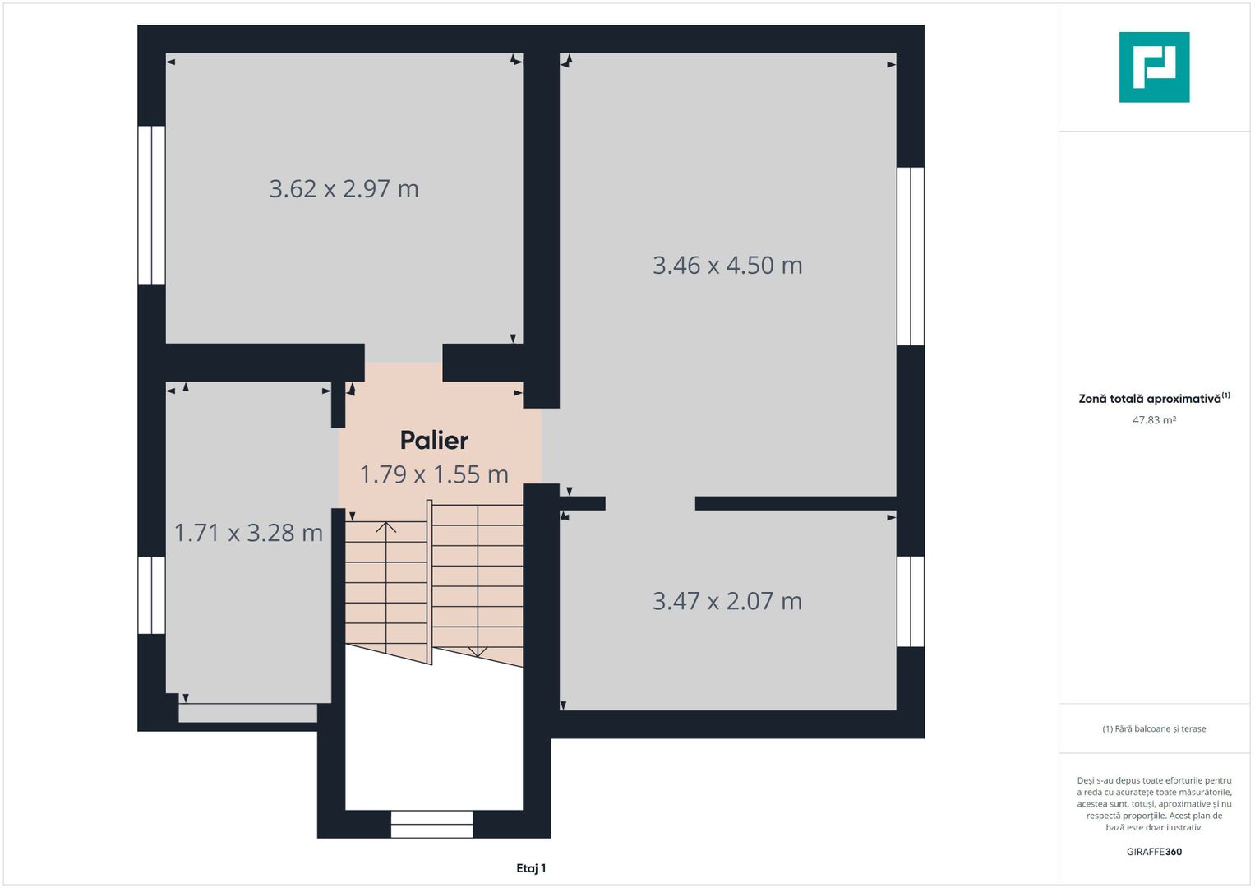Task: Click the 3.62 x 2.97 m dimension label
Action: pos(344,189)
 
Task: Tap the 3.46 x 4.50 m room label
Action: pos(727,265)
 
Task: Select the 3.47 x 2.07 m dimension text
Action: pos(727,601)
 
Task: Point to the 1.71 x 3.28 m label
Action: pos(248,533)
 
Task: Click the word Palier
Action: pos(434,440)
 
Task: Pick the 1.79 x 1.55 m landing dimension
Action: pos(434,474)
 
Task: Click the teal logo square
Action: pos(1154,67)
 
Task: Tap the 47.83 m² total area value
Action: pos(1154,420)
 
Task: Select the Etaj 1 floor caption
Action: pos(531,867)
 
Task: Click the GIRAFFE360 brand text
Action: pos(1154,852)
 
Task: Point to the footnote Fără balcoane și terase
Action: pos(1154,728)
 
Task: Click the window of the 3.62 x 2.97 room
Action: pos(151,206)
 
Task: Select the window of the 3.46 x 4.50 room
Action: pos(911,257)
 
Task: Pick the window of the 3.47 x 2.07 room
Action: pos(911,602)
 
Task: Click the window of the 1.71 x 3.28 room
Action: pos(151,594)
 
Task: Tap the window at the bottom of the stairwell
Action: pos(432,824)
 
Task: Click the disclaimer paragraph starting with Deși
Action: pos(1154,803)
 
